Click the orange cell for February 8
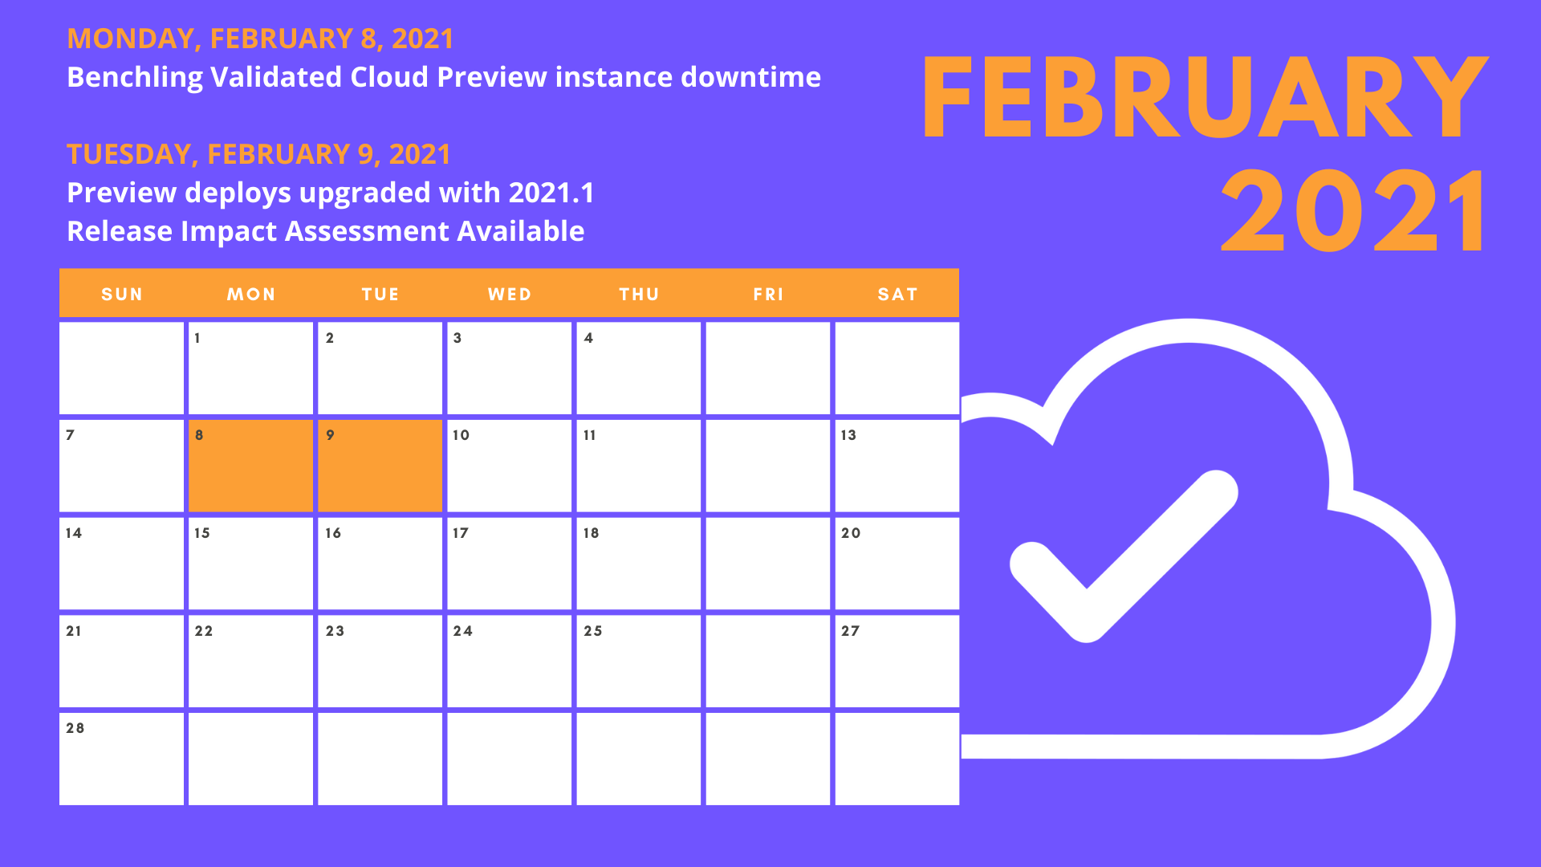pos(250,466)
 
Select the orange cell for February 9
pos(380,466)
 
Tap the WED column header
pos(510,295)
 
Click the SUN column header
pos(122,295)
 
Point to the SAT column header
pos(897,295)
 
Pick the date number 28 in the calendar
pos(75,728)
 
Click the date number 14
pos(74,533)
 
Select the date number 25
pos(593,631)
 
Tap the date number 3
pos(457,338)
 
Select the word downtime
pos(750,77)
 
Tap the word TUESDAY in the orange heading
pos(128,154)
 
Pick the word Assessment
pos(367,231)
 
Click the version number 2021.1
pos(551,193)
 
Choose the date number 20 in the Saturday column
pos(851,533)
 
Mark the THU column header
pos(639,295)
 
